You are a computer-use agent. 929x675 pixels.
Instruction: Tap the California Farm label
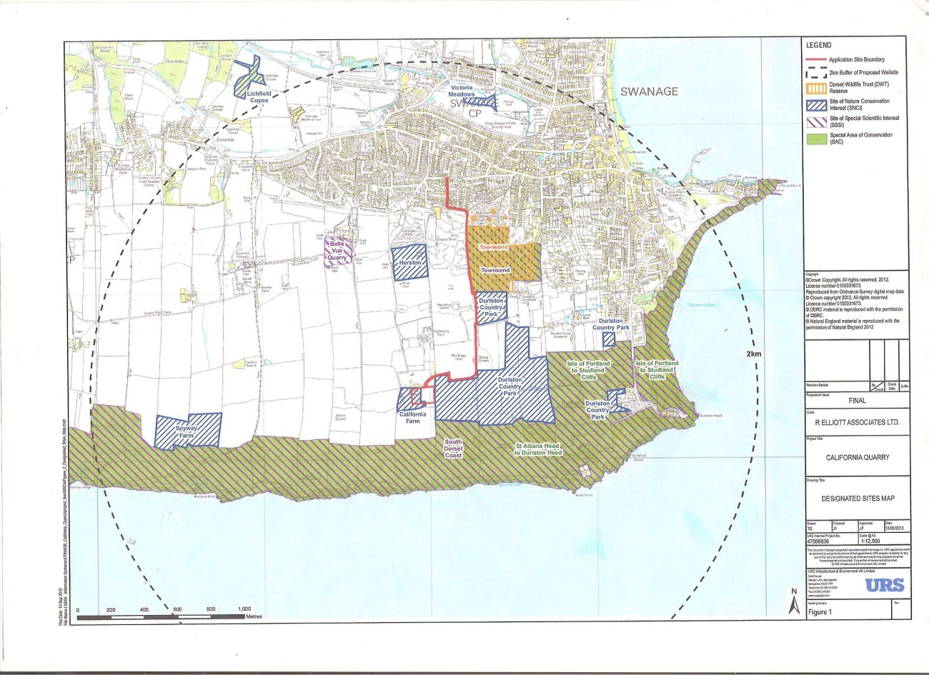[x=413, y=417]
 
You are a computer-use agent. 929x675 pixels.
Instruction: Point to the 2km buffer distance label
[x=752, y=354]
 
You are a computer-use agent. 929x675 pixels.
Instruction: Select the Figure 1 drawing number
[x=820, y=612]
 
